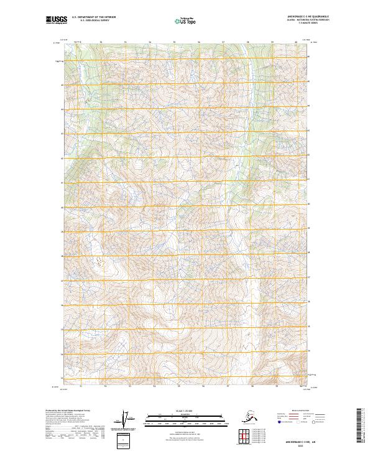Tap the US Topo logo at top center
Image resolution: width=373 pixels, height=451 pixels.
tap(186, 21)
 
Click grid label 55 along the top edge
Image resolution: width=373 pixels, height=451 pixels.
tap(174, 42)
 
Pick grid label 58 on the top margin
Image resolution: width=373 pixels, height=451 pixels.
tap(247, 42)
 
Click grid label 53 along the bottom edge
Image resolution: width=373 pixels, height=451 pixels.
tap(130, 386)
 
